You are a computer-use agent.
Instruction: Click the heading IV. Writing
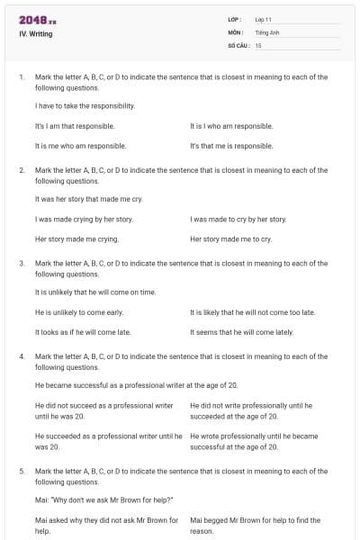pos(36,33)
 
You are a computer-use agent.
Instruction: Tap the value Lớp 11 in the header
pos(264,19)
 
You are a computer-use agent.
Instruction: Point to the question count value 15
pos(258,44)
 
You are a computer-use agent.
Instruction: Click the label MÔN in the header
pos(237,31)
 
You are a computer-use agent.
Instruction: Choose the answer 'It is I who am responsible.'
pos(238,126)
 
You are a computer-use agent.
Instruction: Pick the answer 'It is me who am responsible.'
pos(80,145)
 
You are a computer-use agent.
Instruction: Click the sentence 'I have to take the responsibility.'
pos(85,106)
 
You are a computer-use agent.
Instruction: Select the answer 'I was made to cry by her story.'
pos(238,219)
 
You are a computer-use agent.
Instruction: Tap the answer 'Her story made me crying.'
pos(76,239)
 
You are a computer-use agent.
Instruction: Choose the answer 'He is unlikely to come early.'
pos(79,311)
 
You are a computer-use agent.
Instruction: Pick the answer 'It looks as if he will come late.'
pos(83,331)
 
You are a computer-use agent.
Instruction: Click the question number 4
pos(21,356)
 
